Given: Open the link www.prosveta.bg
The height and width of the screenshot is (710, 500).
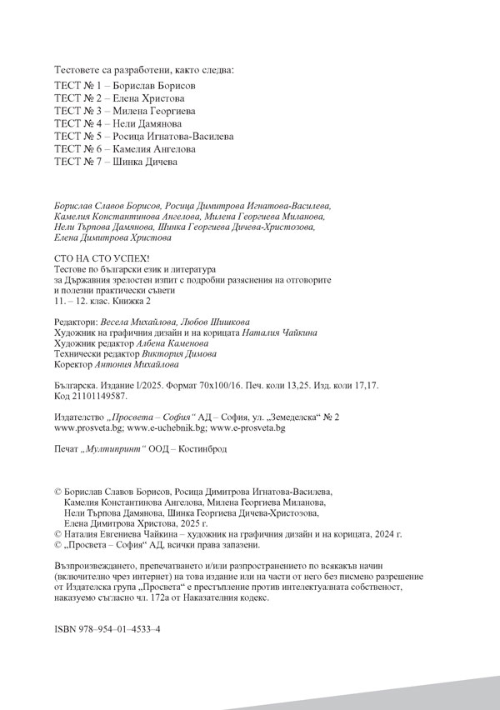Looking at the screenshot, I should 87,427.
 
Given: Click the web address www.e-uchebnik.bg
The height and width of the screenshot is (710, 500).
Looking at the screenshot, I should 166,427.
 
